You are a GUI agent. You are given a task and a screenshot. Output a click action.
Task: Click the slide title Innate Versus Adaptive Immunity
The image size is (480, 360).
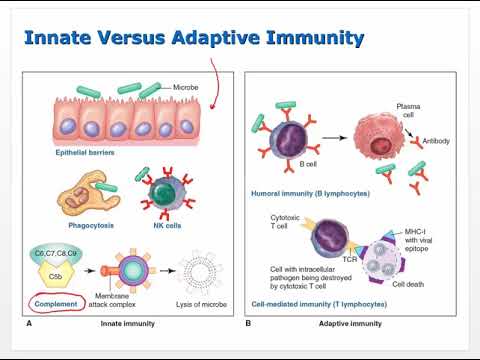point(193,39)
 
